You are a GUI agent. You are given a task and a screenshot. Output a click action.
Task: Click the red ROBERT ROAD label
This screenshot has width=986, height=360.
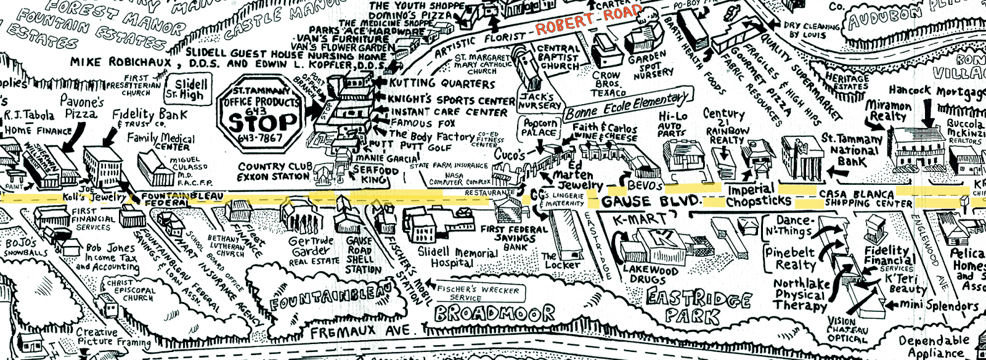tap(588, 20)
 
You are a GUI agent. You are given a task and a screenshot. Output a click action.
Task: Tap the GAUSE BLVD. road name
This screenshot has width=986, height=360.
tap(651, 202)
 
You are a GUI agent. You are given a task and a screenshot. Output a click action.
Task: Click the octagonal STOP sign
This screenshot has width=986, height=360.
tap(259, 117)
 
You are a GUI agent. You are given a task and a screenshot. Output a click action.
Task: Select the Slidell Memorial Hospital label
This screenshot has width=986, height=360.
tap(457, 257)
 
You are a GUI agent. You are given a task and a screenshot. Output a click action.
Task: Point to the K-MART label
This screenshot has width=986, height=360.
tap(640, 219)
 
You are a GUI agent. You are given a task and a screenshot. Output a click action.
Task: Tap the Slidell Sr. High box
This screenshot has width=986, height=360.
tap(190, 89)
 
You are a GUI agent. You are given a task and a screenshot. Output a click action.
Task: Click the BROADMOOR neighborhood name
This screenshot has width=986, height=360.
tap(494, 314)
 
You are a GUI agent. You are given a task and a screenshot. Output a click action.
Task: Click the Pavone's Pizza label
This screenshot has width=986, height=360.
tap(81, 107)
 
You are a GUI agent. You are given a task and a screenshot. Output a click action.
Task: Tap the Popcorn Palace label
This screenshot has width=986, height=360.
tap(539, 128)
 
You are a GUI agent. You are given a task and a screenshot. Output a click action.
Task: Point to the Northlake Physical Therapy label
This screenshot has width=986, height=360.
tap(801, 295)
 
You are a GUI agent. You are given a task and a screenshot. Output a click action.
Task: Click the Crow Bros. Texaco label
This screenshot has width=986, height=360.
tap(608, 84)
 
